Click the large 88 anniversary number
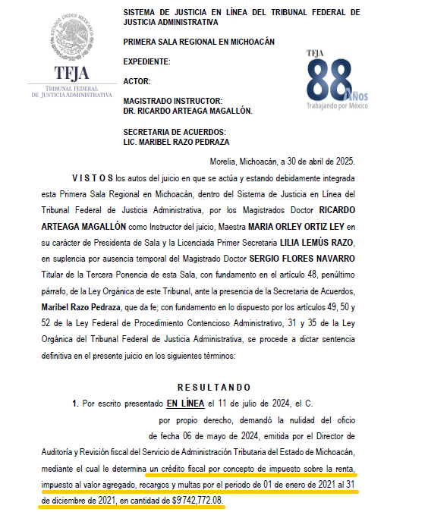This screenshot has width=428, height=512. pyautogui.click(x=331, y=79)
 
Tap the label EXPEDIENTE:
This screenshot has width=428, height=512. pyautogui.click(x=146, y=61)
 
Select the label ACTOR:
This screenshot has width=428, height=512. pyautogui.click(x=137, y=81)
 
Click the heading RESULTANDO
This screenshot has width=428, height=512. pyautogui.click(x=213, y=388)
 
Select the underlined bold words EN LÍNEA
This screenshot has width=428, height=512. pyautogui.click(x=185, y=404)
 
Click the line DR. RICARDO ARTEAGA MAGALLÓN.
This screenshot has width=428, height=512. pyautogui.click(x=187, y=111)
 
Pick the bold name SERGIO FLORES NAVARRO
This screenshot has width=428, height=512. pyautogui.click(x=313, y=259)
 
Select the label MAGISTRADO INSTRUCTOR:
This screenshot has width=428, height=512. pyautogui.click(x=172, y=101)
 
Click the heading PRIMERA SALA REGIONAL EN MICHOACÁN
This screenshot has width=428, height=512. pyautogui.click(x=198, y=41)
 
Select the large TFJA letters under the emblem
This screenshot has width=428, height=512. pyautogui.click(x=71, y=73)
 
